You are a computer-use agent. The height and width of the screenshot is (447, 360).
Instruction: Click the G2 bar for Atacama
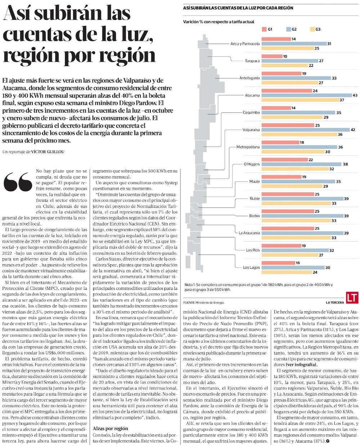click(306, 95)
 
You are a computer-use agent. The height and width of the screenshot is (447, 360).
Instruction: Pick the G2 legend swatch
click(289, 29)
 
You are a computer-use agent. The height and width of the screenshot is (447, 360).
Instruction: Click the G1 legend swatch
click(265, 29)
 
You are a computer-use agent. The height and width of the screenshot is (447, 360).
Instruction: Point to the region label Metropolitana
click(248, 147)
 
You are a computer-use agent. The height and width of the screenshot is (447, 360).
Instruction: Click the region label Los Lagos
click(251, 268)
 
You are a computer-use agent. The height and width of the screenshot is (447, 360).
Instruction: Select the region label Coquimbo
click(251, 113)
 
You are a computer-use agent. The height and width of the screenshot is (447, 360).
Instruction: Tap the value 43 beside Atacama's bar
click(355, 95)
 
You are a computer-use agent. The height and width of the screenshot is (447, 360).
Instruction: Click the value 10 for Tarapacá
click(285, 56)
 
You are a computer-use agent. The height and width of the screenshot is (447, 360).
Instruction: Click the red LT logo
click(351, 297)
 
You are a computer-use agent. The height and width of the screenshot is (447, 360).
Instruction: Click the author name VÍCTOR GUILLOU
click(48, 152)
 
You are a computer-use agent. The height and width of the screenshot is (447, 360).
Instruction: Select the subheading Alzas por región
click(110, 429)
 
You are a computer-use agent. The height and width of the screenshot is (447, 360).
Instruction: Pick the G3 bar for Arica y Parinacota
click(287, 48)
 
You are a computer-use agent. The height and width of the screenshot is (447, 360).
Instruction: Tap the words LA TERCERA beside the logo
click(335, 303)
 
